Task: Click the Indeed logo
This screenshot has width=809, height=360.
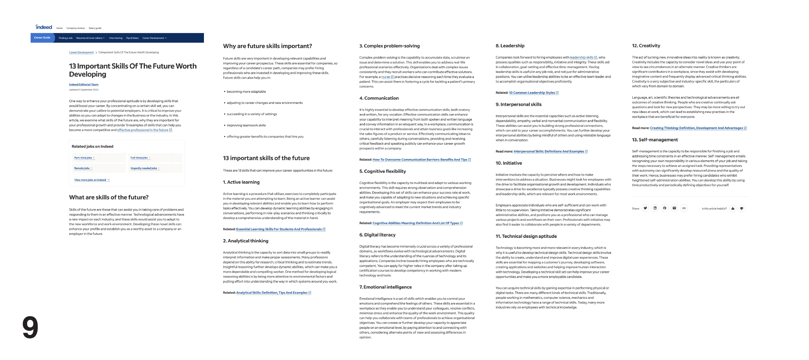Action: pyautogui.click(x=44, y=27)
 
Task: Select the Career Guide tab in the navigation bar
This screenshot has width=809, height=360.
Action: pyautogui.click(x=42, y=38)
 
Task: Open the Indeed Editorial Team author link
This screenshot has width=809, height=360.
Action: pyautogui.click(x=83, y=85)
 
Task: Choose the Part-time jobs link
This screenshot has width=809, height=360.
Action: pyautogui.click(x=83, y=158)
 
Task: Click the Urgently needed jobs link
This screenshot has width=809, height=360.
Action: pyautogui.click(x=144, y=168)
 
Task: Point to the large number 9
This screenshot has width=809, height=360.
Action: pyautogui.click(x=30, y=327)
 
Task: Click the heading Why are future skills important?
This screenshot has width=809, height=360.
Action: pyautogui.click(x=267, y=46)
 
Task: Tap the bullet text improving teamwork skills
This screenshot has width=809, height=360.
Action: pyautogui.click(x=246, y=126)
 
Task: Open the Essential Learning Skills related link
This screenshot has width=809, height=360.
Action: pyautogui.click(x=279, y=229)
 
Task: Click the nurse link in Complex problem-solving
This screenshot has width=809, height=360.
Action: pyautogui.click(x=386, y=77)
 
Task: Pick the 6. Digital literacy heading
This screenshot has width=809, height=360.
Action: pyautogui.click(x=377, y=235)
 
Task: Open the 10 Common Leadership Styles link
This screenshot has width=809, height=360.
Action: pyautogui.click(x=532, y=93)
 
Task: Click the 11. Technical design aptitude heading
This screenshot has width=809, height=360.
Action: pyautogui.click(x=526, y=236)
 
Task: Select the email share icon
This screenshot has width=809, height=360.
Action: pyautogui.click(x=674, y=208)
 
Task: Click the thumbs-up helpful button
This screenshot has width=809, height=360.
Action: pyautogui.click(x=733, y=208)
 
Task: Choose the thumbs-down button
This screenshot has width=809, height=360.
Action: pyautogui.click(x=742, y=208)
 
